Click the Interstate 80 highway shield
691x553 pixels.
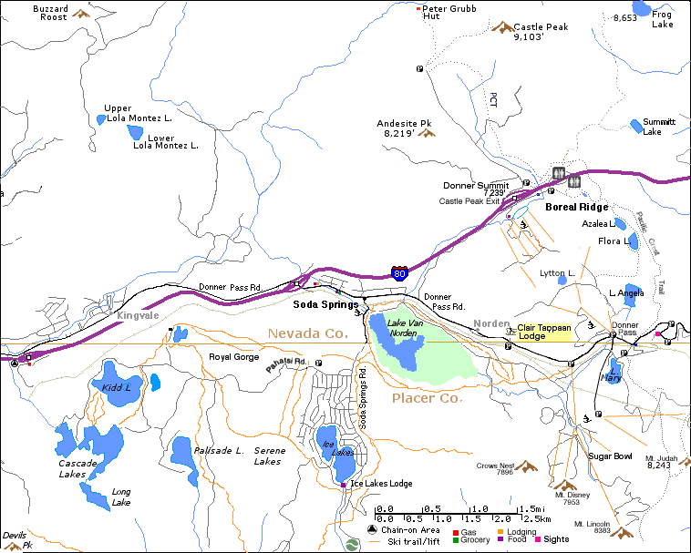[399, 271]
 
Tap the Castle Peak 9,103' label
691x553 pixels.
[541, 32]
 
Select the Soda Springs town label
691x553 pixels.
[325, 304]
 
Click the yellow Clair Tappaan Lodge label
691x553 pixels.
[544, 333]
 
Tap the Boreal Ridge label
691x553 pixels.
[576, 207]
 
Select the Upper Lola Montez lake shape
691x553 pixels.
[101, 119]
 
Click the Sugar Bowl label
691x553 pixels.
[610, 456]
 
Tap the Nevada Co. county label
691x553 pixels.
[308, 334]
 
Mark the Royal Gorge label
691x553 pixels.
[234, 357]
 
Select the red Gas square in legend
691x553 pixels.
[456, 530]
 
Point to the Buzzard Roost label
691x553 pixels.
[50, 13]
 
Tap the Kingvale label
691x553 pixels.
[137, 316]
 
